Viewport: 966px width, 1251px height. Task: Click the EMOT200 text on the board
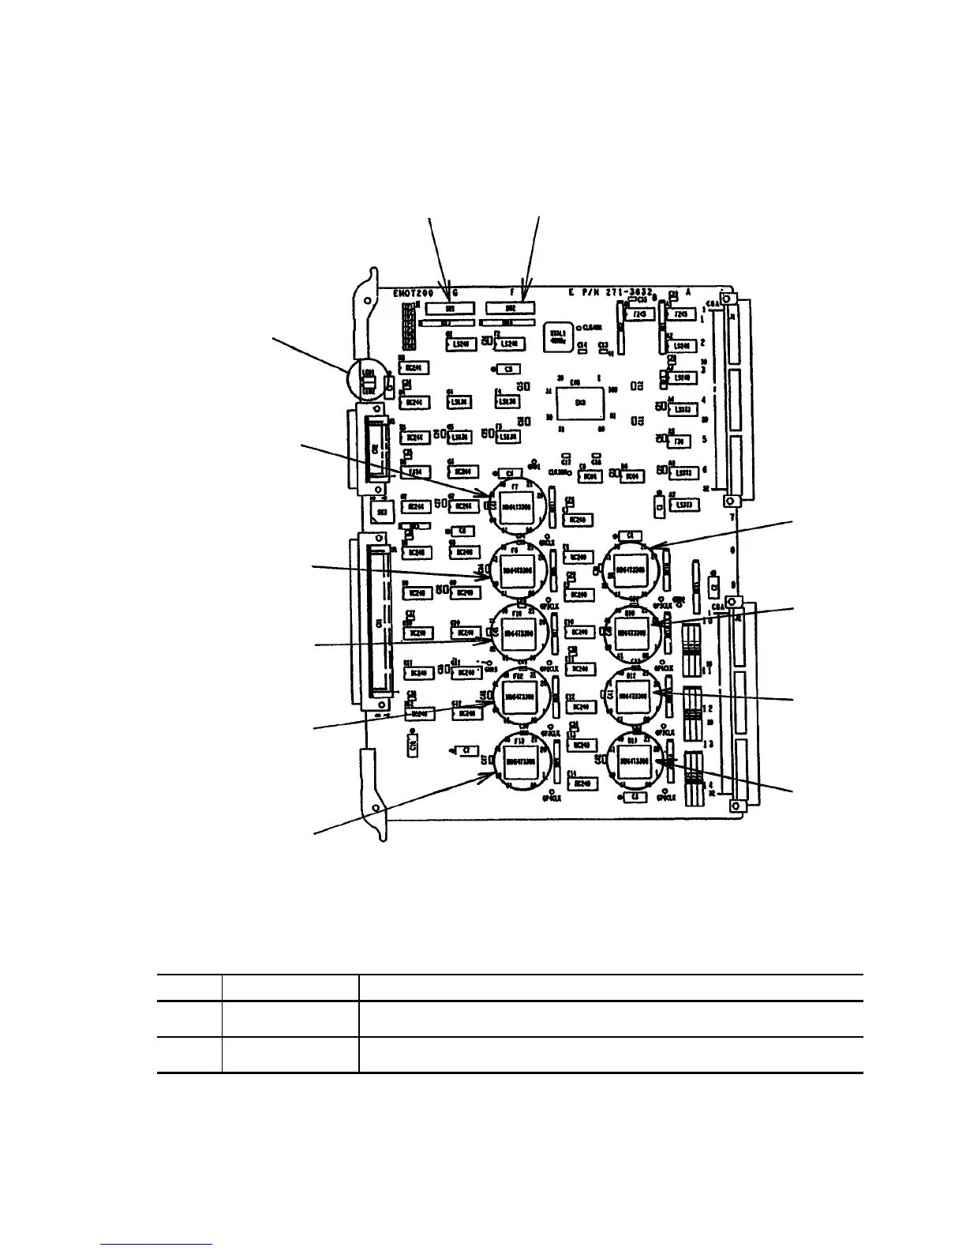(x=413, y=291)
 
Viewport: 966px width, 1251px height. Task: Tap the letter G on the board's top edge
(x=455, y=291)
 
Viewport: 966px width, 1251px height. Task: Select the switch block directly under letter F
(x=509, y=308)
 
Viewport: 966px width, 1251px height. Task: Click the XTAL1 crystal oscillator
(x=556, y=337)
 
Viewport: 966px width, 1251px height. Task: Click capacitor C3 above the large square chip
(x=508, y=369)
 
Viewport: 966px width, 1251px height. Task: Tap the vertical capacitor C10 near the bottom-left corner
(x=413, y=743)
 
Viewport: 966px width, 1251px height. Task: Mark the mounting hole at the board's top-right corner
(x=730, y=299)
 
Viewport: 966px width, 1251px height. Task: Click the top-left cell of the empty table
(x=189, y=987)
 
